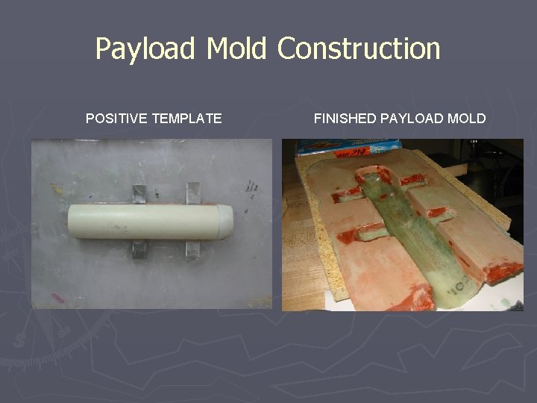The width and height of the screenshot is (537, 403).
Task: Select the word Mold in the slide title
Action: click(x=236, y=49)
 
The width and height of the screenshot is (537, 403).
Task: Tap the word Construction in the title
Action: click(x=359, y=49)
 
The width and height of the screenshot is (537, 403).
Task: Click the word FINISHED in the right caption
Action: click(x=345, y=118)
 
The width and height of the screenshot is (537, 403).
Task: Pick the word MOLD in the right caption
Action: click(x=468, y=118)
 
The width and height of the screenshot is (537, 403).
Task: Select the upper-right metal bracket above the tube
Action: click(x=193, y=193)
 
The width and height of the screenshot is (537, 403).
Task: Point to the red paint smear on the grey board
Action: click(x=59, y=299)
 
